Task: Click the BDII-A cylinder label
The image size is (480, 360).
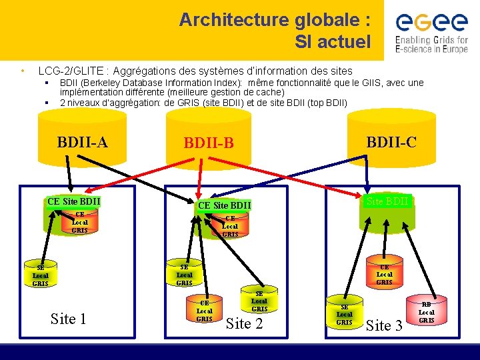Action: pyautogui.click(x=83, y=141)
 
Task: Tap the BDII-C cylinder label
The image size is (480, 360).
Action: pyautogui.click(x=391, y=141)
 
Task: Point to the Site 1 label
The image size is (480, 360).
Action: pyautogui.click(x=68, y=319)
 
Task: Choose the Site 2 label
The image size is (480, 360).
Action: pyautogui.click(x=245, y=324)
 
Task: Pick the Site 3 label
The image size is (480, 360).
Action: pyautogui.click(x=385, y=325)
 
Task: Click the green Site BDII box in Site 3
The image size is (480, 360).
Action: pyautogui.click(x=388, y=201)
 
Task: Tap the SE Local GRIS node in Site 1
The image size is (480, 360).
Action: pyautogui.click(x=41, y=275)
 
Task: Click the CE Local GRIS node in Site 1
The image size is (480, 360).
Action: pyautogui.click(x=79, y=223)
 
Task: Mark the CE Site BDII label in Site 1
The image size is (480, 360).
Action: pyautogui.click(x=73, y=201)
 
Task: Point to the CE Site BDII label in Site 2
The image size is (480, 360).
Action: pyautogui.click(x=224, y=205)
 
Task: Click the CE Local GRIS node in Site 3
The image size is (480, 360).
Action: pyautogui.click(x=384, y=274)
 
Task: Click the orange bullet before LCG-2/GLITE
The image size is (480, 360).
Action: pyautogui.click(x=23, y=70)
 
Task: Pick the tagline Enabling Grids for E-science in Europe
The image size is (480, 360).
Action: pyautogui.click(x=431, y=45)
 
